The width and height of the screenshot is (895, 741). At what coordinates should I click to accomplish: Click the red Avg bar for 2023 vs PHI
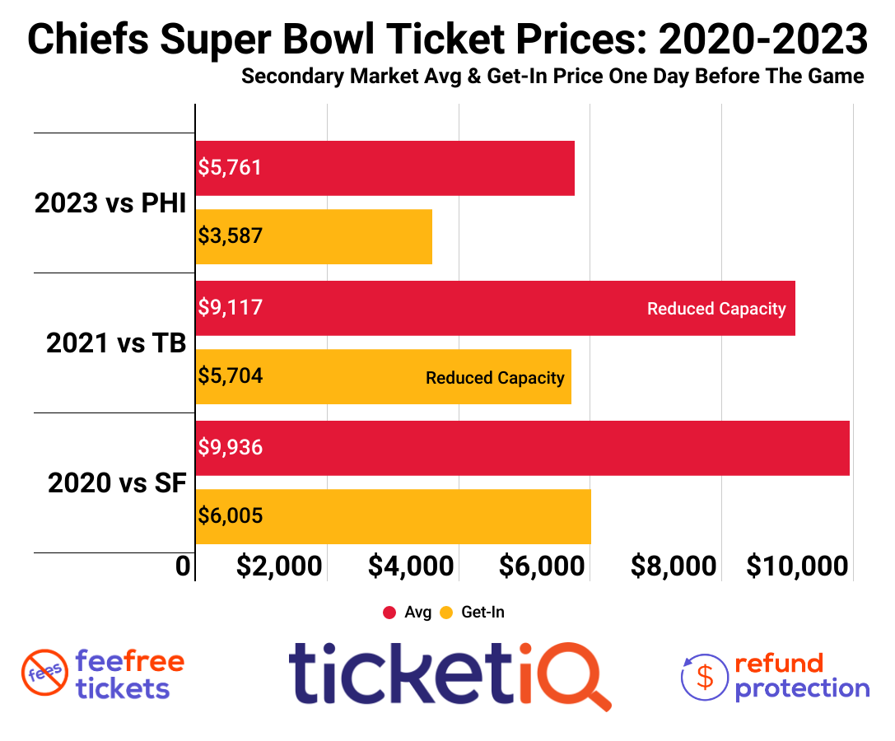pyautogui.click(x=385, y=168)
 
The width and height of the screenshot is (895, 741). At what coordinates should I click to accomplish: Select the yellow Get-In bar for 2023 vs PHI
pyautogui.click(x=314, y=236)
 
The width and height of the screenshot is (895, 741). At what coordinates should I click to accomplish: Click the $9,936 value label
pyautogui.click(x=231, y=447)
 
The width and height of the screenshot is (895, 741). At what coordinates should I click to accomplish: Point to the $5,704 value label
pyautogui.click(x=231, y=376)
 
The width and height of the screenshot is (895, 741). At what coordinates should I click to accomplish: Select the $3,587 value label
pyautogui.click(x=231, y=236)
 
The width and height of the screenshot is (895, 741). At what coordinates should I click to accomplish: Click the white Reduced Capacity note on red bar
pyautogui.click(x=716, y=309)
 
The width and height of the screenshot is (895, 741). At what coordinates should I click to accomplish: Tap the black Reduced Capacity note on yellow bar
pyautogui.click(x=495, y=378)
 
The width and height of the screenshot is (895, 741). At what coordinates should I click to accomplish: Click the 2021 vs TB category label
pyautogui.click(x=116, y=343)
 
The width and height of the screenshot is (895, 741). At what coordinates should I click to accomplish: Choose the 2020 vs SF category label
pyautogui.click(x=117, y=482)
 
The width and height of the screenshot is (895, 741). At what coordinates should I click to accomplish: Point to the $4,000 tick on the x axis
pyautogui.click(x=411, y=566)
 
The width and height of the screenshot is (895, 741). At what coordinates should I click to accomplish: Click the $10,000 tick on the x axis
pyautogui.click(x=798, y=566)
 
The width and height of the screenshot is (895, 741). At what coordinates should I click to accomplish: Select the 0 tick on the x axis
pyautogui.click(x=184, y=566)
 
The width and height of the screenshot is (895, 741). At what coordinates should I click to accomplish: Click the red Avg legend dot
pyautogui.click(x=390, y=613)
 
